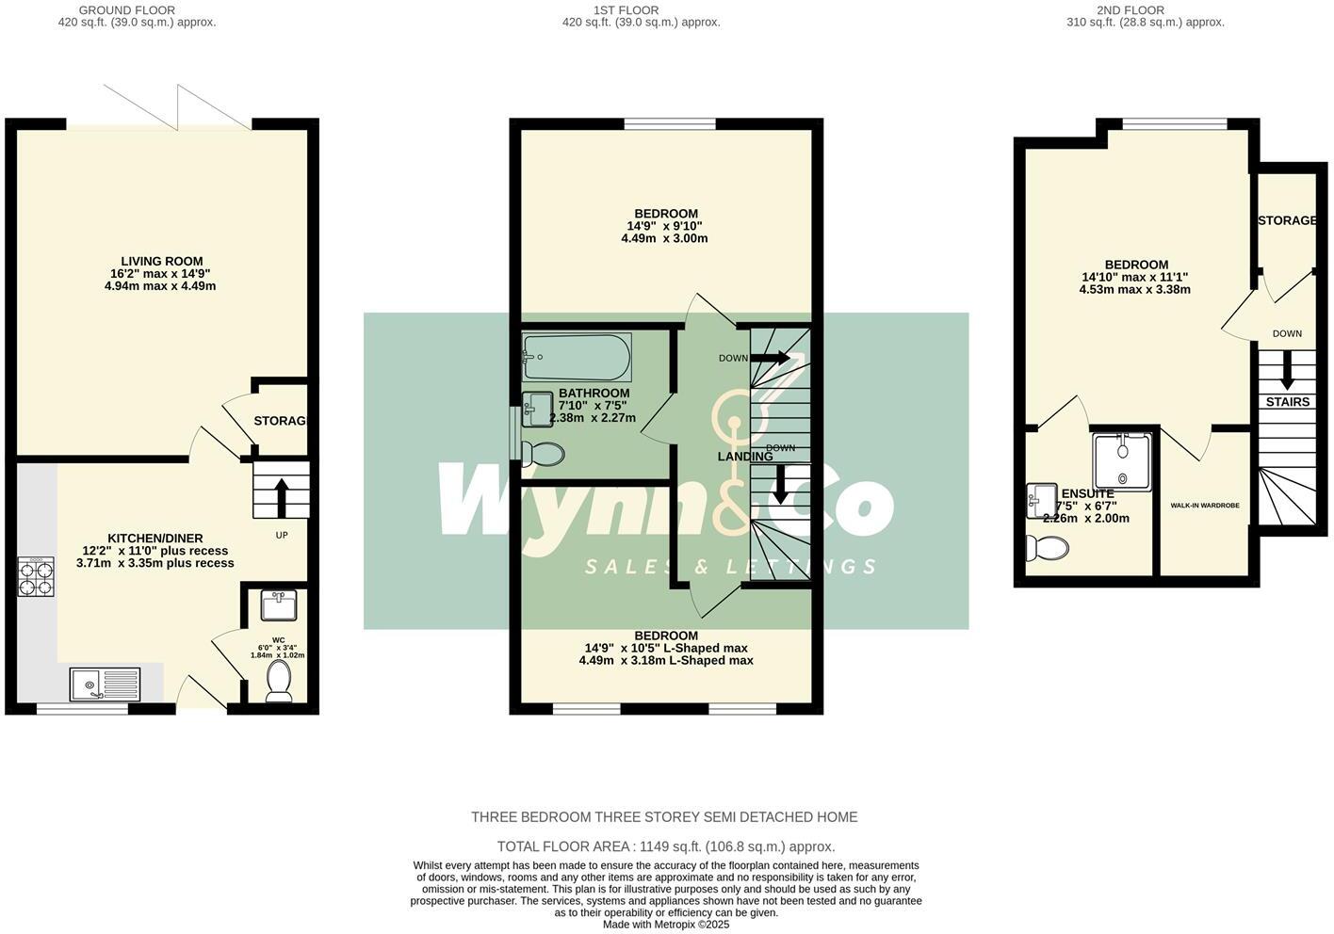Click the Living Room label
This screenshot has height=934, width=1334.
click(161, 261)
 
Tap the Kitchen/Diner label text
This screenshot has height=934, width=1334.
click(155, 538)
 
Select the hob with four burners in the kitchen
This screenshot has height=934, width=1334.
click(36, 577)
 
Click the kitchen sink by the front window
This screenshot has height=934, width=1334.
click(105, 682)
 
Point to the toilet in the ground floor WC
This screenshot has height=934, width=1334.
click(280, 681)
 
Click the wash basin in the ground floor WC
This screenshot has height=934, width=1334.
click(279, 605)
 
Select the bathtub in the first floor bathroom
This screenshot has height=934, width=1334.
click(577, 357)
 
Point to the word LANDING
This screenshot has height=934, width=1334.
click(744, 457)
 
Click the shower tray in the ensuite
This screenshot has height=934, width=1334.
click(1122, 460)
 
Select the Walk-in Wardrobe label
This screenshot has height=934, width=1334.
click(1204, 506)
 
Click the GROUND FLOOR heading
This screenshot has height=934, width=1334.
click(127, 10)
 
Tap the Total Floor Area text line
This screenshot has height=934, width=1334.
click(665, 846)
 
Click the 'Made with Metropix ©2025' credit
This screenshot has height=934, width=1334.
click(665, 925)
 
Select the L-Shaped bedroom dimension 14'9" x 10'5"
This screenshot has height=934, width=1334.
click(666, 648)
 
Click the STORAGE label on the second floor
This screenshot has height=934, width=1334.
click(1287, 220)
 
